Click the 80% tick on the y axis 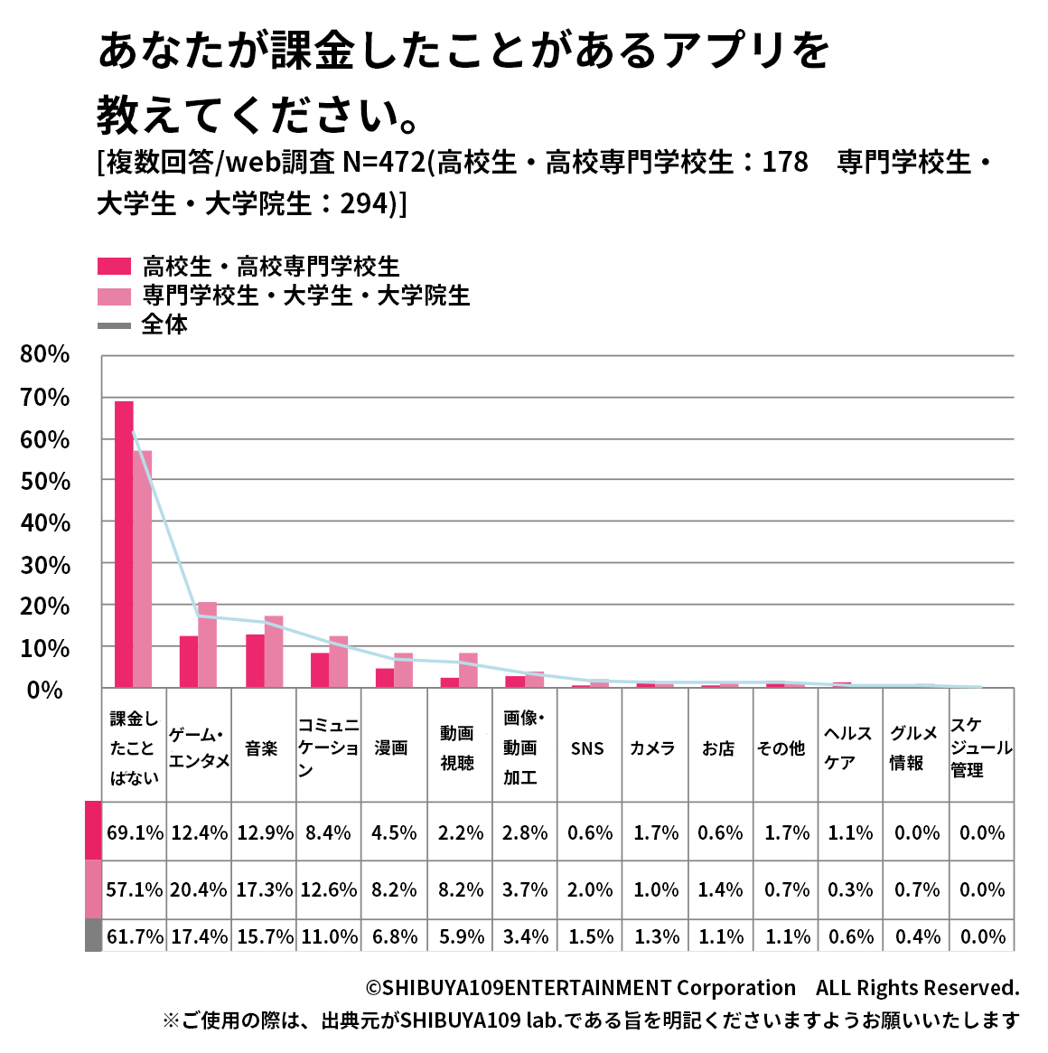tap(45, 354)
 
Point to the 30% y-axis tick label tap(45, 565)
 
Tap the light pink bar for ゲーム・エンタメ tap(208, 644)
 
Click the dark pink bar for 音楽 tap(255, 661)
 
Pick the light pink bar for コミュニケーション tap(339, 662)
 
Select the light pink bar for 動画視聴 tap(468, 670)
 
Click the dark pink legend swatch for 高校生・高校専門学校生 tap(115, 267)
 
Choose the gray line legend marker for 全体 tap(115, 324)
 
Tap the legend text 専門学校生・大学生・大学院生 tap(306, 296)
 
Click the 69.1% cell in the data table tap(135, 832)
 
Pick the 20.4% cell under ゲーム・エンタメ tap(199, 889)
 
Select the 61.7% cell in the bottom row tap(135, 936)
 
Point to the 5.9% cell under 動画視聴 tap(461, 936)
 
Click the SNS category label tap(587, 748)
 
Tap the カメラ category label tap(652, 748)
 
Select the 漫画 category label tap(391, 748)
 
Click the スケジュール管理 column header tap(980, 747)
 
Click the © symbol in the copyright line tap(373, 988)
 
